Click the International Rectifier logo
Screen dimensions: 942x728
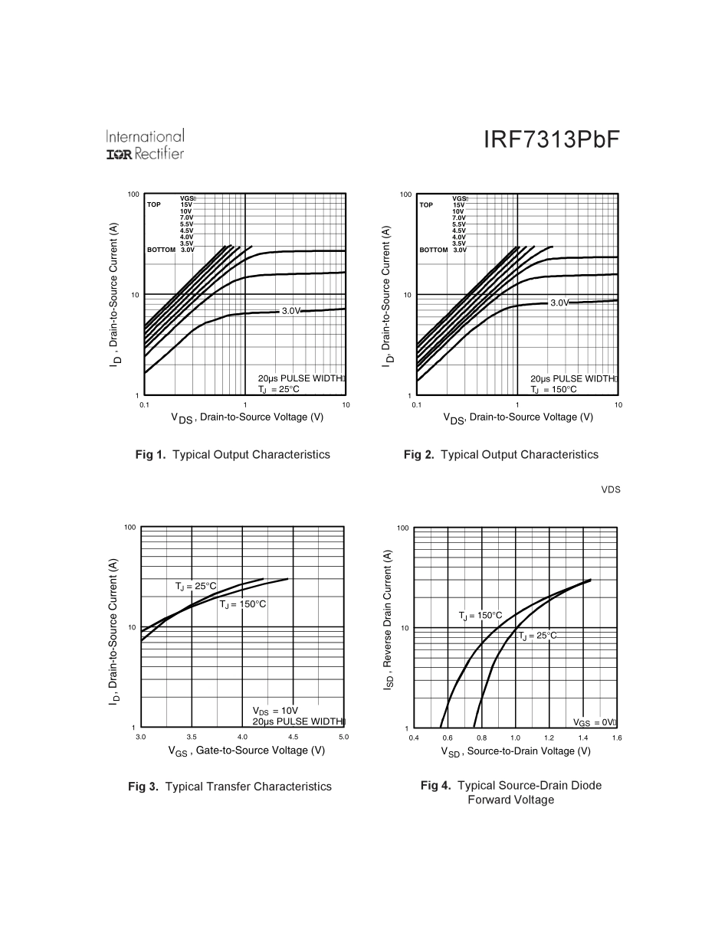pyautogui.click(x=145, y=146)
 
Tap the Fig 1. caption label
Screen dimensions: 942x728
pyautogui.click(x=150, y=455)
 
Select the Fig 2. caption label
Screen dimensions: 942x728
pyautogui.click(x=418, y=455)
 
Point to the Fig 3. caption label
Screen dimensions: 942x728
pyautogui.click(x=143, y=787)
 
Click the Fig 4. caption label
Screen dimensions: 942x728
pyautogui.click(x=435, y=786)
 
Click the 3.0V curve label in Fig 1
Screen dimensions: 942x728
pyautogui.click(x=290, y=311)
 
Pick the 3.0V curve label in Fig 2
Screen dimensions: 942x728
pyautogui.click(x=559, y=303)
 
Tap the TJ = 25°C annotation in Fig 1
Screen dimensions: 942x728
pyautogui.click(x=278, y=389)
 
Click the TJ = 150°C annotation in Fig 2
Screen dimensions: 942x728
pyautogui.click(x=553, y=389)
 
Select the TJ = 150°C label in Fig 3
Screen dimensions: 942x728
pyautogui.click(x=243, y=604)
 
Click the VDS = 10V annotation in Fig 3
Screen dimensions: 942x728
pyautogui.click(x=275, y=711)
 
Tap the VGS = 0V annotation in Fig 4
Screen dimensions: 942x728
pyautogui.click(x=595, y=722)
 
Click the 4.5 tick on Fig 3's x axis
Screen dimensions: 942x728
pyautogui.click(x=293, y=738)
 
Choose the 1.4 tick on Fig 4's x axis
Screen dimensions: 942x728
pyautogui.click(x=583, y=738)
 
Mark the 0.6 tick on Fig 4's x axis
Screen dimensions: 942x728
pyautogui.click(x=448, y=738)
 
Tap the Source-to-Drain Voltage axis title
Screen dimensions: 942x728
pyautogui.click(x=515, y=751)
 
